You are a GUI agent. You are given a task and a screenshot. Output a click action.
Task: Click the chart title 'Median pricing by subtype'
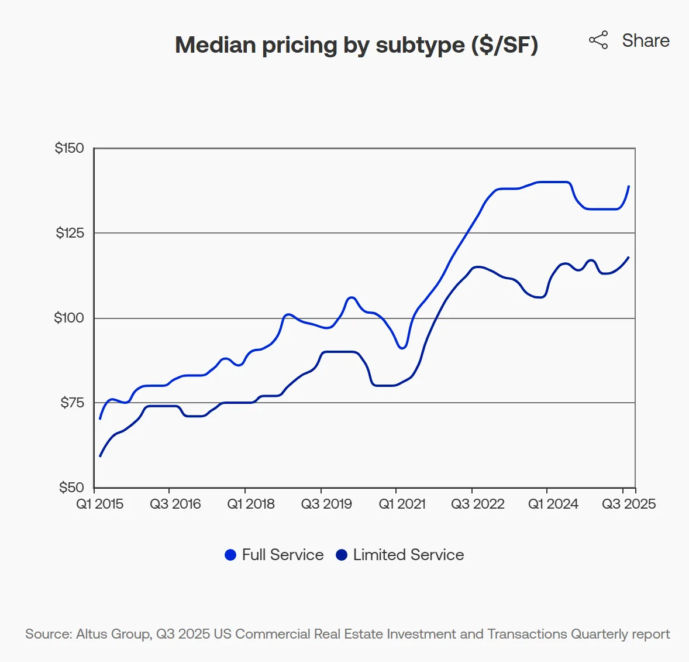(x=356, y=45)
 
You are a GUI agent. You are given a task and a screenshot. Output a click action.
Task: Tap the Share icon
(x=598, y=40)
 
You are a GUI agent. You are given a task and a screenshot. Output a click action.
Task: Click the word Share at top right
(x=645, y=40)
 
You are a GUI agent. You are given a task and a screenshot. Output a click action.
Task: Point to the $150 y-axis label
(x=70, y=148)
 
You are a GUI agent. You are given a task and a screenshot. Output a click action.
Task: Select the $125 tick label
(x=70, y=233)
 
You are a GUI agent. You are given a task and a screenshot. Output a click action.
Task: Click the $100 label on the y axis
(x=69, y=318)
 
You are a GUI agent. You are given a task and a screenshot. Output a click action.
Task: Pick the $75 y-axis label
(x=72, y=403)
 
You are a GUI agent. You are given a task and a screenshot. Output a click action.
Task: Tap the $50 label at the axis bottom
(x=71, y=488)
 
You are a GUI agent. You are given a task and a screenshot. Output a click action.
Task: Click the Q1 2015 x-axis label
(x=100, y=504)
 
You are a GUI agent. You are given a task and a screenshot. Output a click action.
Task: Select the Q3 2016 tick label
(x=175, y=504)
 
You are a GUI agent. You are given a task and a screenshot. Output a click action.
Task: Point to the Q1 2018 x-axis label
(x=251, y=504)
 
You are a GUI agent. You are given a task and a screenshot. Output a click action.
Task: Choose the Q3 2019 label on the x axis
(x=326, y=504)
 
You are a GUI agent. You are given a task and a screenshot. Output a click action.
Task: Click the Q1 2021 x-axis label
(x=402, y=504)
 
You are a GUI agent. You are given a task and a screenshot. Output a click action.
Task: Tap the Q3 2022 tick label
(x=478, y=504)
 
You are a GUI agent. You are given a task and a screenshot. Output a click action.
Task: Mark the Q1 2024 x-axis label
(x=553, y=504)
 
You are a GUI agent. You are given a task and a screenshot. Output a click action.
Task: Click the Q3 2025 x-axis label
(x=629, y=504)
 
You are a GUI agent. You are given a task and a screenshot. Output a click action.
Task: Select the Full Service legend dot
(x=230, y=555)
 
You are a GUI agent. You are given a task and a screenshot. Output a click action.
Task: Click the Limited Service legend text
(x=408, y=555)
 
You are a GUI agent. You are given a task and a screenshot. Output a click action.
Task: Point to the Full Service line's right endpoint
(x=629, y=186)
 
